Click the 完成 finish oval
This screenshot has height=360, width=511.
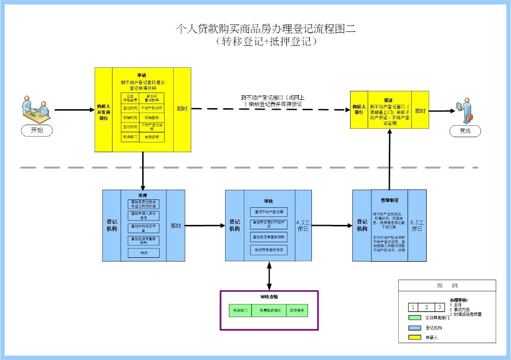coord(465,131)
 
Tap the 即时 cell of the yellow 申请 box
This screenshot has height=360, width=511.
coord(183,109)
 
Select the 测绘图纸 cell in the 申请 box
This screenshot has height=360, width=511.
coord(152,117)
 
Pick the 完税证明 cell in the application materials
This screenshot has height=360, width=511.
coord(152,137)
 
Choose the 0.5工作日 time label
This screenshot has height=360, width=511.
coord(417,225)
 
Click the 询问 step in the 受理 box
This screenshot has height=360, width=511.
coord(144,253)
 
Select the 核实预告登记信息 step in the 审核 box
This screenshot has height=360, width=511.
coord(269,250)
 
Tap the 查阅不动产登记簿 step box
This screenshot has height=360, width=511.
coord(269,212)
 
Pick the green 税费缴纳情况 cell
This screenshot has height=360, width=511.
coord(269,310)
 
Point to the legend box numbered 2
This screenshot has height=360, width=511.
coord(426,307)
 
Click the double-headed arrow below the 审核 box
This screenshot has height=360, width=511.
coord(269,275)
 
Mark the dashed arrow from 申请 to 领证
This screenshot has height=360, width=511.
coord(269,109)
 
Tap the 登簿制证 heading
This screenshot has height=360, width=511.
coord(389,200)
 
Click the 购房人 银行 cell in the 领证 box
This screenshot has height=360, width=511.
coord(359,109)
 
